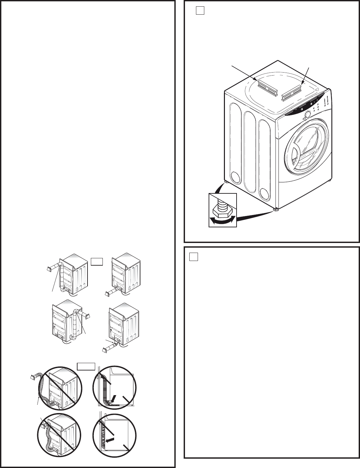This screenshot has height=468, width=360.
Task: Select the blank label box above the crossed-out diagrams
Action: click(x=87, y=366)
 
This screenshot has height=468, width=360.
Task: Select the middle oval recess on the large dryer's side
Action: click(x=250, y=153)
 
